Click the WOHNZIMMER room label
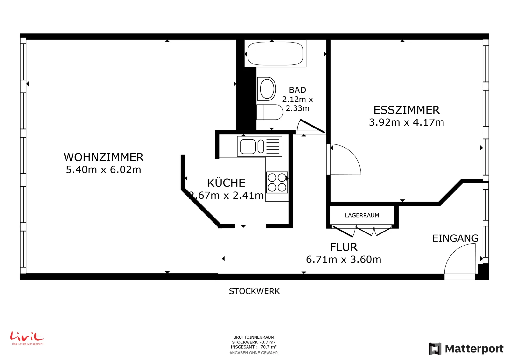pyautogui.click(x=104, y=157)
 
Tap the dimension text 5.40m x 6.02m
pyautogui.click(x=104, y=170)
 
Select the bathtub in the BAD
pyautogui.click(x=275, y=54)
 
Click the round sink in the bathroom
pyautogui.click(x=267, y=89)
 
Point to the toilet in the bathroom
pyautogui.click(x=270, y=112)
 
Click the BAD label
pyautogui.click(x=297, y=90)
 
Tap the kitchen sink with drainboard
pyautogui.click(x=260, y=146)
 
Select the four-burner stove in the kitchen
pyautogui.click(x=277, y=183)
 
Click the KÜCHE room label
pyautogui.click(x=226, y=183)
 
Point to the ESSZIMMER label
pyautogui.click(x=407, y=110)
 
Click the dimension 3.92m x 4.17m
pyautogui.click(x=407, y=122)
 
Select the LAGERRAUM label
pyautogui.click(x=362, y=215)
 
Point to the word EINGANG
pyautogui.click(x=455, y=239)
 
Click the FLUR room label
pyautogui.click(x=344, y=247)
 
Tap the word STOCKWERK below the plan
pyautogui.click(x=254, y=291)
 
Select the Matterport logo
pyautogui.click(x=466, y=349)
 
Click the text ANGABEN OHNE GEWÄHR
pyautogui.click(x=254, y=353)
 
